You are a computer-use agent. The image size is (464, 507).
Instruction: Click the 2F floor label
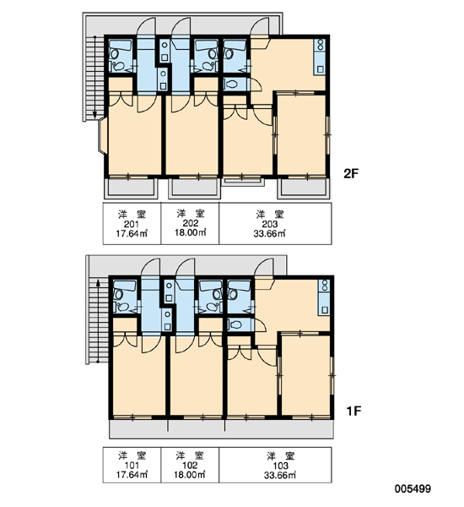click(351, 174)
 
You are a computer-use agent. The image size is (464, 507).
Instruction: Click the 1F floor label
click(353, 412)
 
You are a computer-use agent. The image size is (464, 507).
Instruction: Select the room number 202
click(190, 223)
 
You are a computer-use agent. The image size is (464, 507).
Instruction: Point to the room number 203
click(270, 225)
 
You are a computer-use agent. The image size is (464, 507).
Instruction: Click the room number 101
click(132, 466)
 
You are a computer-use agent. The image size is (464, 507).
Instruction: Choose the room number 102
click(190, 466)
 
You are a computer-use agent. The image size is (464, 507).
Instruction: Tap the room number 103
click(281, 466)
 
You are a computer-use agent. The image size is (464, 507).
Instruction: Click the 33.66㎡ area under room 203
click(269, 233)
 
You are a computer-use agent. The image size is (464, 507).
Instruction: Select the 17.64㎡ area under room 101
click(132, 475)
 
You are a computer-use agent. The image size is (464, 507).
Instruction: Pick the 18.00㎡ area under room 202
click(190, 232)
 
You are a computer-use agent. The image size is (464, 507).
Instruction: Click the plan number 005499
click(413, 489)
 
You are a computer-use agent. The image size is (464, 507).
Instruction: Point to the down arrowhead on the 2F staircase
click(95, 115)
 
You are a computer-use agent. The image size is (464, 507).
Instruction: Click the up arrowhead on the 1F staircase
click(98, 283)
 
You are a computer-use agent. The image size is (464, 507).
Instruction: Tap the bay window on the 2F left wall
click(102, 136)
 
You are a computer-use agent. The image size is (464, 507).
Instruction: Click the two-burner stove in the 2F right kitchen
click(321, 45)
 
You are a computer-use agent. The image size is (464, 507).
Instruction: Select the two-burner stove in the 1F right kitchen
click(324, 286)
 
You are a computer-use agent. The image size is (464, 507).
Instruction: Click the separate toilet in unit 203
click(231, 84)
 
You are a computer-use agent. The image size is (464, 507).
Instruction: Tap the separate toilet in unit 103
click(235, 324)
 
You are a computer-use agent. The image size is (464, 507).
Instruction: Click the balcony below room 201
click(131, 188)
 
